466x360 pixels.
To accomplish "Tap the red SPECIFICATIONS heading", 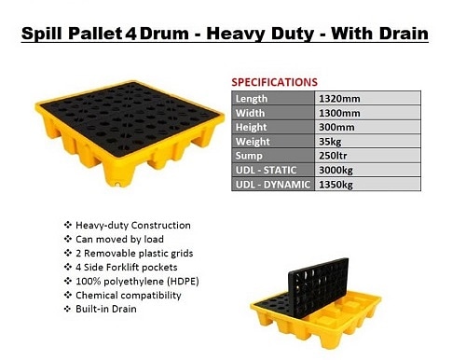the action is click(275, 82).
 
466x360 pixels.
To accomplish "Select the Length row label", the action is click(252, 99).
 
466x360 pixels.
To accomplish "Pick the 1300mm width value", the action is click(339, 113).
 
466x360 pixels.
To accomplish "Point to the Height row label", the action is click(251, 127).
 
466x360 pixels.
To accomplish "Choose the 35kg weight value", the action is click(330, 142).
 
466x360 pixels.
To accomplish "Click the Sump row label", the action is click(249, 156).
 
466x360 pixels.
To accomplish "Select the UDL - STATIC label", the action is click(266, 170).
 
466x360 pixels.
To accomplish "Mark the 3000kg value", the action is click(336, 171).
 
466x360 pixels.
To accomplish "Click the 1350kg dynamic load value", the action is click(336, 185).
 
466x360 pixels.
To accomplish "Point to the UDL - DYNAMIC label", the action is click(273, 185).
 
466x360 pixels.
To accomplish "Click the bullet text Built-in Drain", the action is click(106, 309).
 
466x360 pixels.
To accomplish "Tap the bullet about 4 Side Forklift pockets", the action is click(127, 268).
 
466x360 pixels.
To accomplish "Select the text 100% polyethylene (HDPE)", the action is click(137, 282).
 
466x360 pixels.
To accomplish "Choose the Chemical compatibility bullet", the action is click(129, 296).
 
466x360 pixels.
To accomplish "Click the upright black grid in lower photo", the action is click(319, 287).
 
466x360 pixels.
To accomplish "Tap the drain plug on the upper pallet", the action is click(117, 184).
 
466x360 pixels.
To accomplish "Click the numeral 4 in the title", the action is click(130, 34).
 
